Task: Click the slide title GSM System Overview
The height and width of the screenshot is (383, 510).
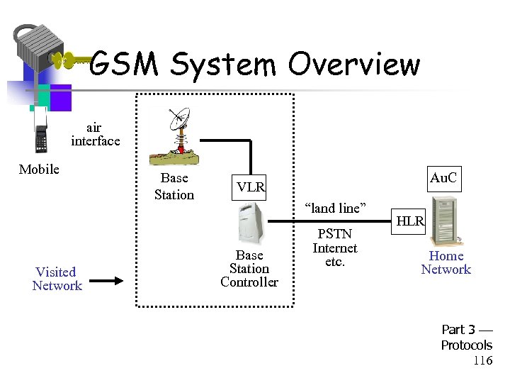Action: coord(255,65)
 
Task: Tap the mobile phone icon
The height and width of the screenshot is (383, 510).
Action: coord(40,131)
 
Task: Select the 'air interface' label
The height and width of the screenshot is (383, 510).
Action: coord(95,134)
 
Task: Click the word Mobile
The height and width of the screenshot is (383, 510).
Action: coord(39,169)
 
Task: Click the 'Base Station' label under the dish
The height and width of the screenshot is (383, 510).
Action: coord(174,187)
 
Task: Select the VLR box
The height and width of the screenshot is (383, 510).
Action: coord(251,187)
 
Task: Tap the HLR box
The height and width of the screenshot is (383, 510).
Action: coord(410,221)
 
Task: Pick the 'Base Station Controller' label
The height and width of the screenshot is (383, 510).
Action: coord(249,269)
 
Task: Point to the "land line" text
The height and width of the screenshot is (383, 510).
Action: coord(334,208)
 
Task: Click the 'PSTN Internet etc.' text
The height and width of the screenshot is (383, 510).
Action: coord(335,248)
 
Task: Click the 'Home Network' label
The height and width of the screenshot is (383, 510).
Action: coord(446,262)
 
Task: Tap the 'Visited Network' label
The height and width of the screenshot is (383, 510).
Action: coord(57,279)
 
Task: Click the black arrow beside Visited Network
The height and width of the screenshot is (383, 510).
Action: coord(108,281)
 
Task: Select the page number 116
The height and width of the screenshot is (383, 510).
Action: coord(483,360)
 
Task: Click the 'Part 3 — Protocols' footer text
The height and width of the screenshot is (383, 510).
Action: coord(466,338)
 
